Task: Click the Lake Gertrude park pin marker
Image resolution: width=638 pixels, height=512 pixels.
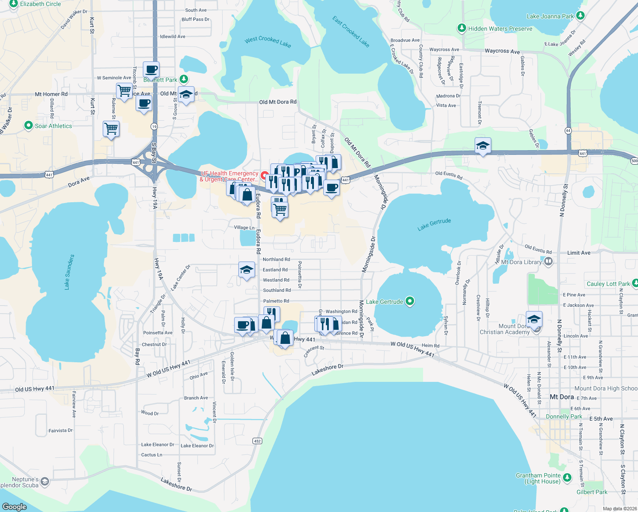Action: pos(410,302)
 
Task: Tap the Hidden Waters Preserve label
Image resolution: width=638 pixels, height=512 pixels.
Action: pos(500,29)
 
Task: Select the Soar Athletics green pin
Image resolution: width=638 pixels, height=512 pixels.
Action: pos(29,125)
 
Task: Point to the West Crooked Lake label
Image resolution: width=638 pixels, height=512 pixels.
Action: pos(268,41)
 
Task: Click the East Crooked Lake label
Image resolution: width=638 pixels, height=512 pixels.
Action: pos(351,32)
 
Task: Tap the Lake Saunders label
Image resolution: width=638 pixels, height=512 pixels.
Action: pos(69,272)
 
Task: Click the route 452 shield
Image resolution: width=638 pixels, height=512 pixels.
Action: pos(257,441)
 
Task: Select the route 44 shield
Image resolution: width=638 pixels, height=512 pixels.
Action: pos(568,131)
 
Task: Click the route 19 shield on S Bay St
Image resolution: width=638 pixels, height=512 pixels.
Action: pos(154,126)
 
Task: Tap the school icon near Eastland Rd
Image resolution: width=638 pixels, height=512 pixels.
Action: pos(246,270)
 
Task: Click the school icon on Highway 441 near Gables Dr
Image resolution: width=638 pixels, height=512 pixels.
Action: pos(483,145)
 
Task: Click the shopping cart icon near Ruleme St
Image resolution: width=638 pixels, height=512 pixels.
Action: pos(111,128)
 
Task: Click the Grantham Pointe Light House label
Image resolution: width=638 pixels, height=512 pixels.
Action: pos(538,478)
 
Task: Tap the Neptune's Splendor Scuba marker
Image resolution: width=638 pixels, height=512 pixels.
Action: pos(45,482)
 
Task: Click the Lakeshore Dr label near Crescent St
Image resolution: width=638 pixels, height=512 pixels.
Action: pos(327,370)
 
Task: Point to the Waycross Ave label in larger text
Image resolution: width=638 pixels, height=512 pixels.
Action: pos(502,51)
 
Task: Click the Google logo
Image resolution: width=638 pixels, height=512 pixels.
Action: pos(14,506)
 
